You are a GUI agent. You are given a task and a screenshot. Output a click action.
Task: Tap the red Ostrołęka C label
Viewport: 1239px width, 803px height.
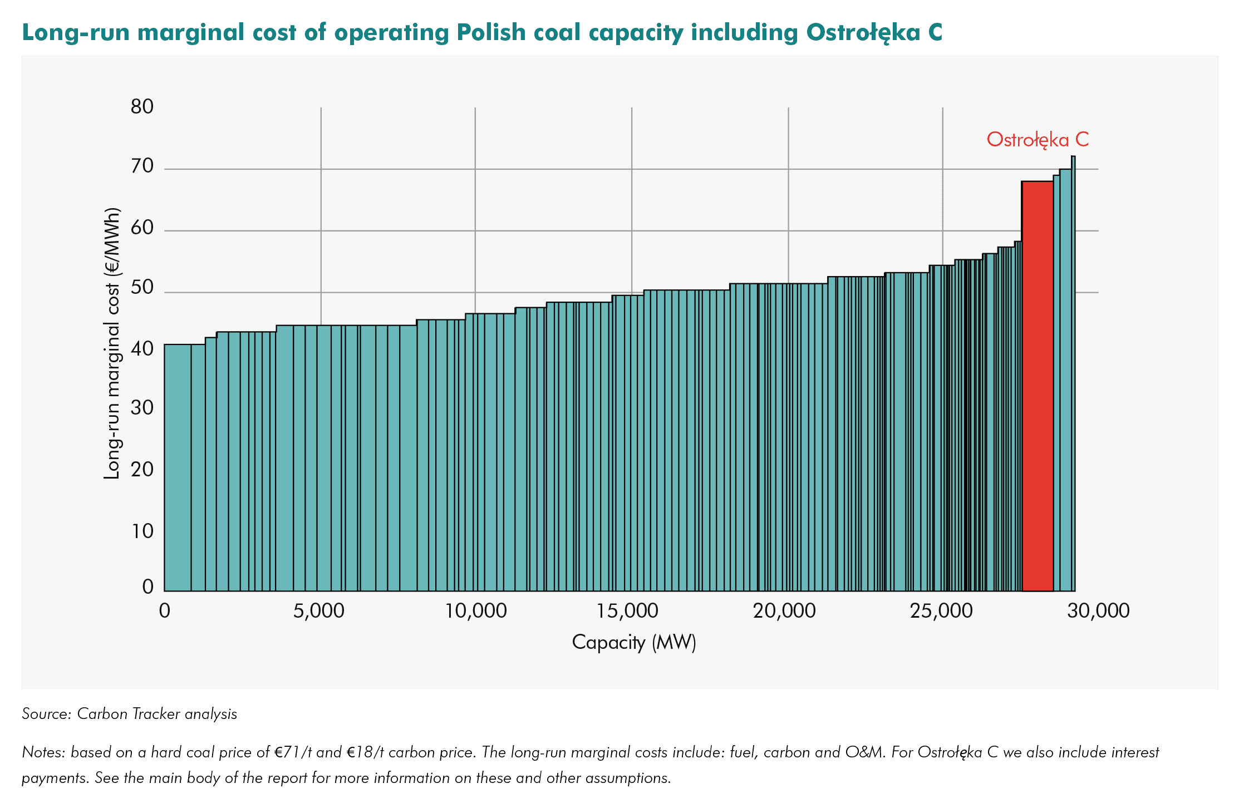pos(1038,139)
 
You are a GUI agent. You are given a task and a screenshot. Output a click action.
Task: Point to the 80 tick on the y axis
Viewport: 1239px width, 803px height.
pos(142,106)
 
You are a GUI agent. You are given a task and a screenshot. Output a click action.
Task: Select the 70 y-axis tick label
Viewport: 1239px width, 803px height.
pos(142,166)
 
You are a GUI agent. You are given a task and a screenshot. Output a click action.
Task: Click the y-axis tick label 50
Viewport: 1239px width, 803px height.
pos(142,288)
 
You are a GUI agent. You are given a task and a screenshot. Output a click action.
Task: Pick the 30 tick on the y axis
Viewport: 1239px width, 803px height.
pos(142,408)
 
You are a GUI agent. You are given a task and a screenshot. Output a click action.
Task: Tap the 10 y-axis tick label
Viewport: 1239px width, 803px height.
pos(142,531)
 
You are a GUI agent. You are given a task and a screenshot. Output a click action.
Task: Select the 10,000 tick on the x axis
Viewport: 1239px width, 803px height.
pos(475,611)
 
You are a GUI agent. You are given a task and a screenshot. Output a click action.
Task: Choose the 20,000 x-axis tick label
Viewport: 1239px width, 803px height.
pos(784,611)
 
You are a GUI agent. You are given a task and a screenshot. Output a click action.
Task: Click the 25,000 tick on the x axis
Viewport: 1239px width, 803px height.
pos(941,611)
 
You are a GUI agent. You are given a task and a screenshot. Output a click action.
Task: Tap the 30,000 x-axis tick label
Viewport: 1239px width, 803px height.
pos(1098,611)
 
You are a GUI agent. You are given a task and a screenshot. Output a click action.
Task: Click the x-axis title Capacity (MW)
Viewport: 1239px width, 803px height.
pos(634,642)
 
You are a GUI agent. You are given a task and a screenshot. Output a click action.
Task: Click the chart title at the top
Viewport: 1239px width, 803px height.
pos(482,32)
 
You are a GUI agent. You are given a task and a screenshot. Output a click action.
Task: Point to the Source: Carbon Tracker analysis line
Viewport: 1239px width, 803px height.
pos(129,714)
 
